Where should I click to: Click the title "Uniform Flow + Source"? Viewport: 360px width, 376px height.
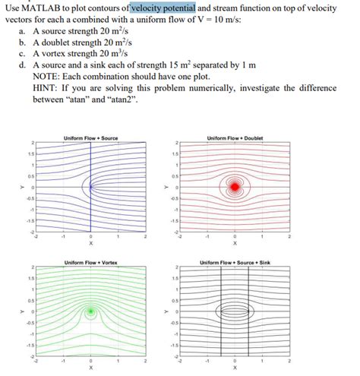click(91, 137)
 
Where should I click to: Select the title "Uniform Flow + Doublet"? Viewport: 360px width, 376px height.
click(235, 137)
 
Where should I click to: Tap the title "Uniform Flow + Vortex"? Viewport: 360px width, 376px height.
click(91, 262)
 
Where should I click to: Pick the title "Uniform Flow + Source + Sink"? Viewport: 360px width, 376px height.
click(235, 262)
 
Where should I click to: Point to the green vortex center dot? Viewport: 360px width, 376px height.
click(91, 311)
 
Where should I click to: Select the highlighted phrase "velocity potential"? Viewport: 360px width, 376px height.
click(163, 8)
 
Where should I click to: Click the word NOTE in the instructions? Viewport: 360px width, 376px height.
click(48, 79)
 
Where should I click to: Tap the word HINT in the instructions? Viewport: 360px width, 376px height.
click(47, 90)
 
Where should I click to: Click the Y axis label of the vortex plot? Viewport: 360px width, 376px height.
click(23, 311)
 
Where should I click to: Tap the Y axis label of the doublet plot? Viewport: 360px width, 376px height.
click(167, 186)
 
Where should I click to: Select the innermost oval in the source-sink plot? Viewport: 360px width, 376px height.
click(235, 311)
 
